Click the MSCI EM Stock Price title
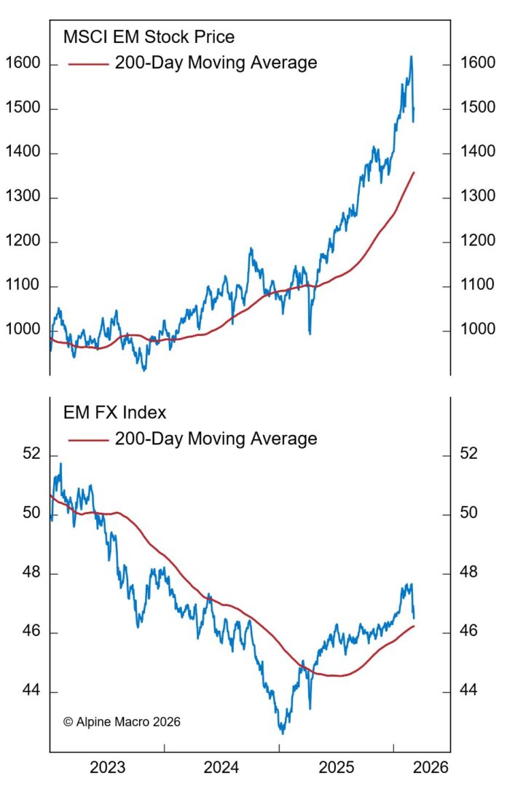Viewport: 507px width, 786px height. [149, 37]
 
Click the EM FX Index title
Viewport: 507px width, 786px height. [115, 413]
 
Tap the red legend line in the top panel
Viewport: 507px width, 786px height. [88, 63]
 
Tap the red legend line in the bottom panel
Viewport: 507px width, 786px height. [88, 439]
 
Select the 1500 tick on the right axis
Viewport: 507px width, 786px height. [479, 109]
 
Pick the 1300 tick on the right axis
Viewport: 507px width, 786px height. [479, 197]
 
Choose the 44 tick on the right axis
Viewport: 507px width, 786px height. [469, 691]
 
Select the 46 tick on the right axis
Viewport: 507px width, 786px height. [469, 632]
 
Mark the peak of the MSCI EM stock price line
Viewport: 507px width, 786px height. [411, 56]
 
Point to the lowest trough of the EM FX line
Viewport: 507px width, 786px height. [282, 733]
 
